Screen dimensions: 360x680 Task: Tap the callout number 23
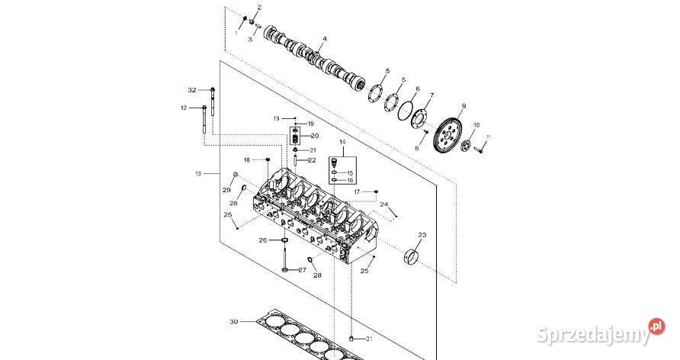(422, 235)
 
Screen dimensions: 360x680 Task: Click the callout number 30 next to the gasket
(234, 322)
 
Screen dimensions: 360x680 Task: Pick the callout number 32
(192, 90)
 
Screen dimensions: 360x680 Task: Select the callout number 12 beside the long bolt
(184, 108)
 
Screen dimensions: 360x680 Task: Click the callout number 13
(198, 174)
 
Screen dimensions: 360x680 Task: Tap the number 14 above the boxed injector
(342, 143)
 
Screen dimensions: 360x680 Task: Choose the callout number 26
(263, 240)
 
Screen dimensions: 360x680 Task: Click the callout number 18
(247, 159)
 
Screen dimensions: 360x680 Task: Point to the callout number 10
(476, 124)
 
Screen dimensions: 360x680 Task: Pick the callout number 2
(258, 7)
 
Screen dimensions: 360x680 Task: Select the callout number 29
(226, 189)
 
